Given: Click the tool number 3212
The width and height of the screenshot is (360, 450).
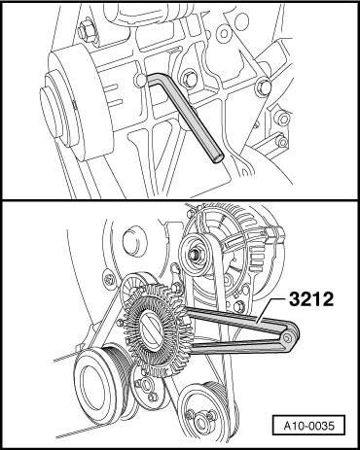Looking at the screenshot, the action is (311, 298).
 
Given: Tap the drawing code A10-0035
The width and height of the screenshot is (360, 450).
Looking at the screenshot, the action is (308, 426).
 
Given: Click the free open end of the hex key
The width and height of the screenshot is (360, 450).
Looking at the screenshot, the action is (218, 158).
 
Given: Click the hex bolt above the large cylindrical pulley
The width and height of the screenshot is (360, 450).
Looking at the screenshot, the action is (86, 32).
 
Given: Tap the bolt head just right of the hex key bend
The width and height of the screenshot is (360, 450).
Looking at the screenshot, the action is (189, 79).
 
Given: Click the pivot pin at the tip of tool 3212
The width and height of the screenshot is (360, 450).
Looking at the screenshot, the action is (288, 338).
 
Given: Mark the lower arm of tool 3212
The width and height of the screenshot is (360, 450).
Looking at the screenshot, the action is (236, 347).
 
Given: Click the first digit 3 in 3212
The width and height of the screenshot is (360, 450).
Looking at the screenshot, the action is (295, 298).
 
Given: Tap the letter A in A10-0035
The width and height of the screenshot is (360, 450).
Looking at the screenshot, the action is (287, 426).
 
